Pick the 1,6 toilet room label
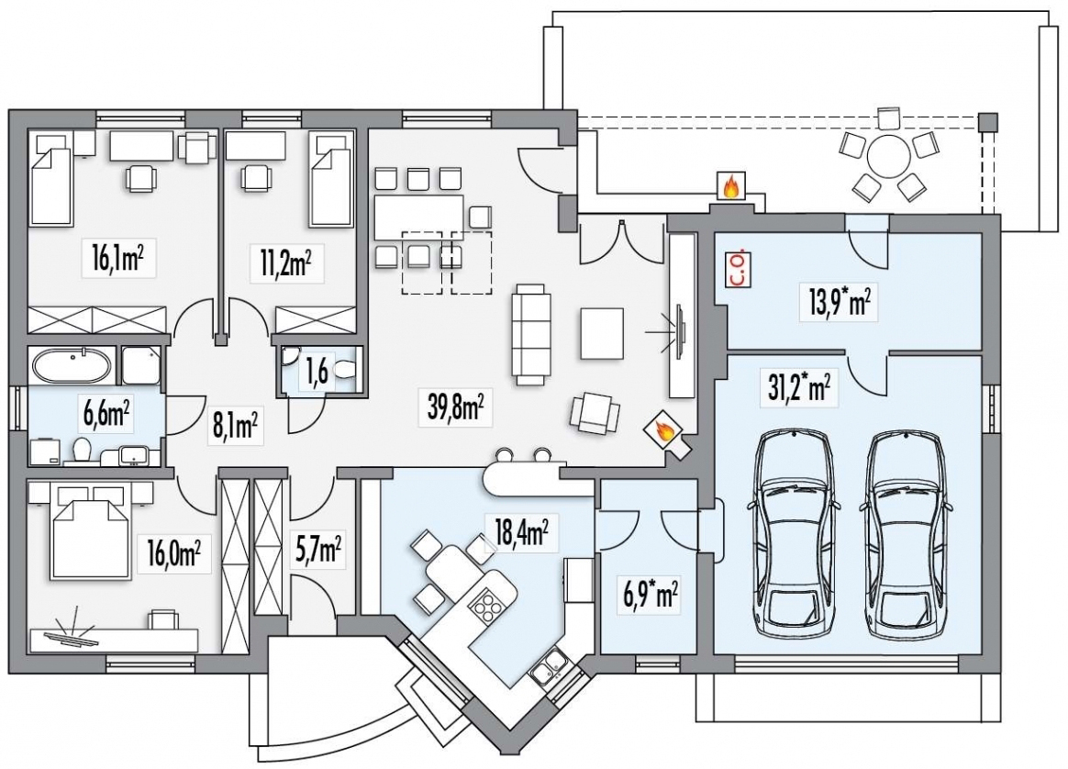tap(317, 372)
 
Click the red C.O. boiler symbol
tap(740, 270)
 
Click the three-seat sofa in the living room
tap(531, 334)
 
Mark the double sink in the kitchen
tap(549, 665)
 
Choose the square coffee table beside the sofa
tap(602, 333)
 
